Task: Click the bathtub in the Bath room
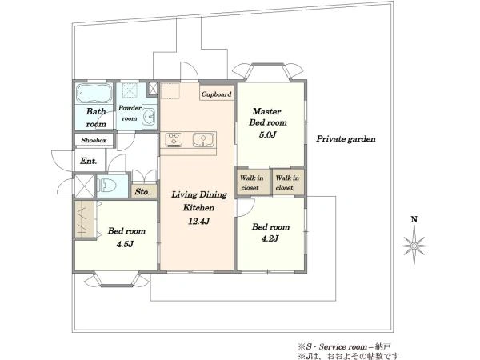pyautogui.click(x=94, y=93)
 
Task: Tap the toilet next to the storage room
pyautogui.click(x=107, y=186)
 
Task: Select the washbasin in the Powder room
pyautogui.click(x=149, y=117)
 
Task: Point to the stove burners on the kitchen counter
pyautogui.click(x=174, y=139)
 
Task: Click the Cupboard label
pyautogui.click(x=217, y=94)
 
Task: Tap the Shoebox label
pyautogui.click(x=94, y=141)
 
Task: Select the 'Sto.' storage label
pyautogui.click(x=142, y=192)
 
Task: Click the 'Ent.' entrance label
pyautogui.click(x=89, y=161)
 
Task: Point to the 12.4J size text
pyautogui.click(x=199, y=221)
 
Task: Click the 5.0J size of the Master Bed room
pyautogui.click(x=267, y=134)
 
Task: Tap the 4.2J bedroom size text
pyautogui.click(x=270, y=238)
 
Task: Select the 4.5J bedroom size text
pyautogui.click(x=125, y=244)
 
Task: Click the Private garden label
pyautogui.click(x=346, y=139)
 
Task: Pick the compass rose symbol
pyautogui.click(x=414, y=246)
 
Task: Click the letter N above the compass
pyautogui.click(x=414, y=219)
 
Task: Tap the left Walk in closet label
pyautogui.click(x=251, y=182)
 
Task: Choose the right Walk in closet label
pyautogui.click(x=287, y=182)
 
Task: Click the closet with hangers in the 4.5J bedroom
pyautogui.click(x=85, y=219)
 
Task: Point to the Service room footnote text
pyautogui.click(x=344, y=347)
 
